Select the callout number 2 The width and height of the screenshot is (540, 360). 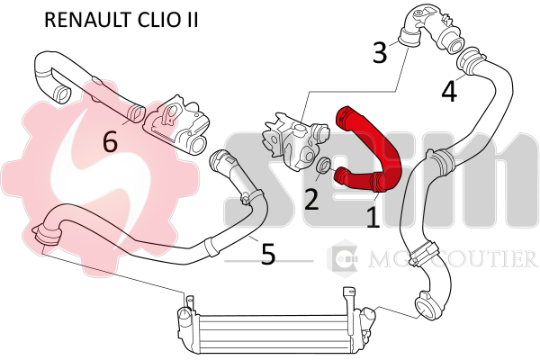point(311,198)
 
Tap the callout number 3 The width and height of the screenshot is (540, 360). point(380,52)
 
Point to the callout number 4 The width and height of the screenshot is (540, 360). point(448,91)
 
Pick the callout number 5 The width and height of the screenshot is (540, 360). point(267,254)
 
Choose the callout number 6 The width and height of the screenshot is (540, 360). point(111,140)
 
